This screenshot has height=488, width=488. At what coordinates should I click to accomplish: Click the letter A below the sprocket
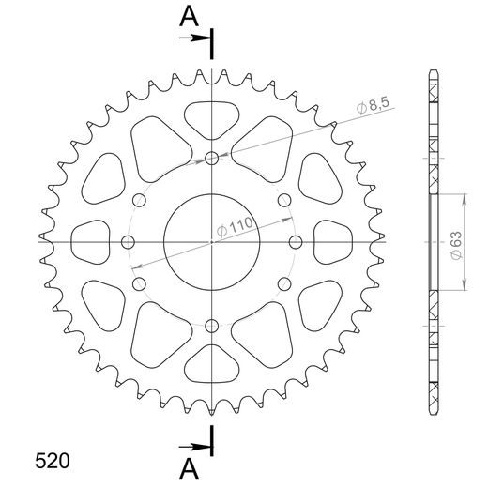pos(190,466)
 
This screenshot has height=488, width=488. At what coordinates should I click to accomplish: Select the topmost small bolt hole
pos(211,157)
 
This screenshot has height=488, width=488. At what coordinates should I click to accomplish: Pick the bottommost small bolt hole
pos(211,326)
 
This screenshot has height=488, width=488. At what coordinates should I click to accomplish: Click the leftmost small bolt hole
pos(128,242)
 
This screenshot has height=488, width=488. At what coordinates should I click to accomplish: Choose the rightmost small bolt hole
pos(296,242)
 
